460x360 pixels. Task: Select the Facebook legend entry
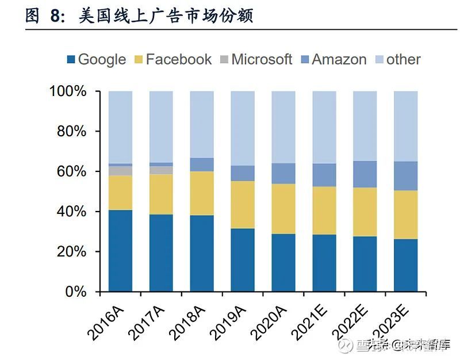(172, 59)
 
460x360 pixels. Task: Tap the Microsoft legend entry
(256, 59)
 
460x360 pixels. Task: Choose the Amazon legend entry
(333, 59)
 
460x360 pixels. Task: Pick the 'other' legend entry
(397, 59)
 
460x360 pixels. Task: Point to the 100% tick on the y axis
(68, 91)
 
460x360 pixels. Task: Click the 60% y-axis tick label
(71, 171)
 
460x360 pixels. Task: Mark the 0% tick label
(76, 292)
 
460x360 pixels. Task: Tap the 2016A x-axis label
(109, 320)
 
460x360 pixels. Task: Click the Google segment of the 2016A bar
(120, 251)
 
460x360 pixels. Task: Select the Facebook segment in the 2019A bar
(243, 205)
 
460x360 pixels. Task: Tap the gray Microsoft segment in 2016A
(120, 171)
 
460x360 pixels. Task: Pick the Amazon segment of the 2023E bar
(405, 176)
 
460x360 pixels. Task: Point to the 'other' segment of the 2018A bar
(202, 124)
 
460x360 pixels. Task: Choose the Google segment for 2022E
(365, 264)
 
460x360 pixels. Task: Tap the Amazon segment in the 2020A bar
(283, 174)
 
